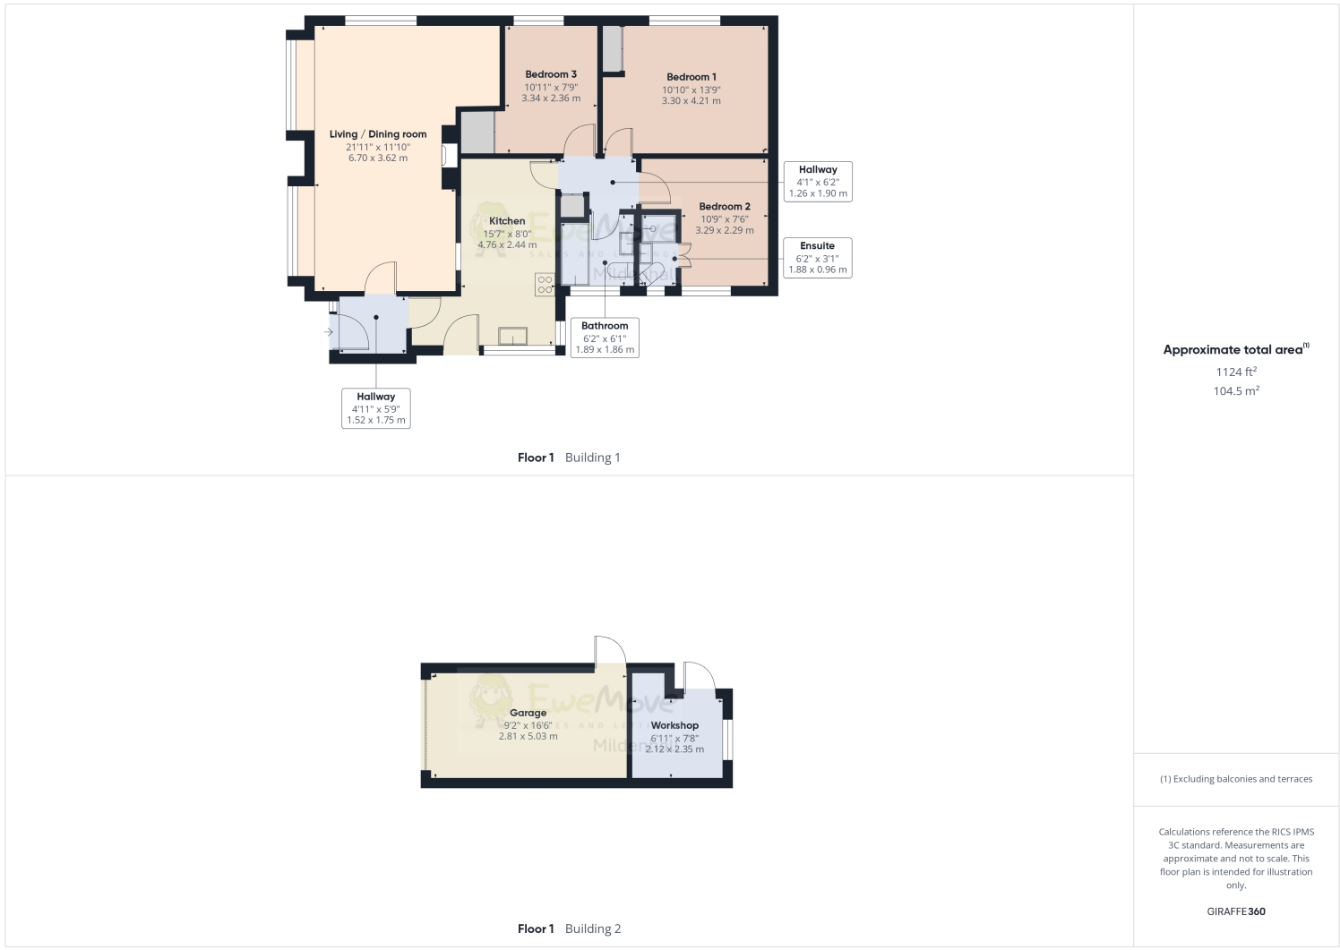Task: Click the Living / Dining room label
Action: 377,134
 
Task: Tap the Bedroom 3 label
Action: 550,74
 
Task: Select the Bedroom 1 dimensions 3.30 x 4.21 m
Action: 691,101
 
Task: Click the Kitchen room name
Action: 507,221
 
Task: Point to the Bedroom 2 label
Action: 724,207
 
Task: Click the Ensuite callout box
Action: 817,258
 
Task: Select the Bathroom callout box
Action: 605,338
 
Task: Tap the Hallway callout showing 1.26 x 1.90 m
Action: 817,182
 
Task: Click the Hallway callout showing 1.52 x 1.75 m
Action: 375,408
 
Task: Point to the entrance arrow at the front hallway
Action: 329,333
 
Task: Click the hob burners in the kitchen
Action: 545,285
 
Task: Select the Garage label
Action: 528,714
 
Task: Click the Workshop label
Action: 674,725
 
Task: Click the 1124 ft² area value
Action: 1235,372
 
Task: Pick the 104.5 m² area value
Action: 1235,391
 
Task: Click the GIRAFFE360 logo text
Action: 1235,911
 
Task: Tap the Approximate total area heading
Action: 1233,350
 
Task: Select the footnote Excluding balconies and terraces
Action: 1235,779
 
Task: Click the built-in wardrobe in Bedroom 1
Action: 613,49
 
